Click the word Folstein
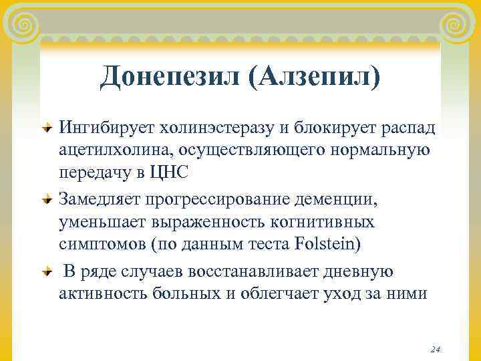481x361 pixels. [328, 243]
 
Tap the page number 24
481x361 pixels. [436, 349]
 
